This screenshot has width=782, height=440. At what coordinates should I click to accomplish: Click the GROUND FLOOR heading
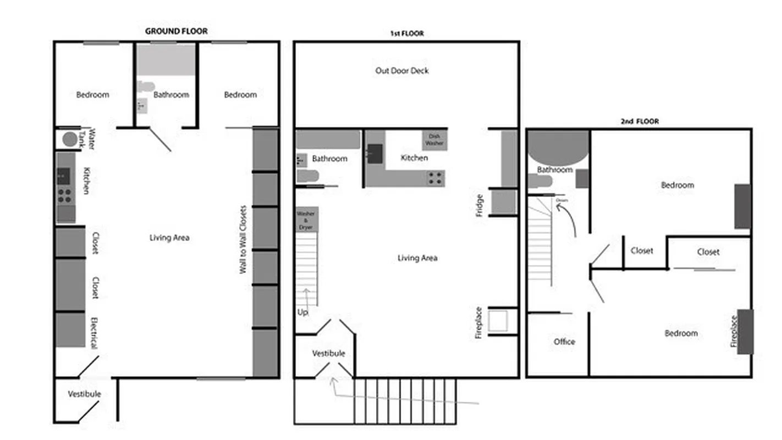pos(176,31)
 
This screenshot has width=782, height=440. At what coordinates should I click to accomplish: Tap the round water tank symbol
pos(70,139)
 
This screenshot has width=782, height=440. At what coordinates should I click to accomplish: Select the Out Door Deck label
pos(402,70)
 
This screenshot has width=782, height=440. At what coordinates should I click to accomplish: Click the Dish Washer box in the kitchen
pos(434,140)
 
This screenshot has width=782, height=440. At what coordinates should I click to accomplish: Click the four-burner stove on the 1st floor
pos(436,178)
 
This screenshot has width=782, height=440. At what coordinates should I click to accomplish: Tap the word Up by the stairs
pos(303,312)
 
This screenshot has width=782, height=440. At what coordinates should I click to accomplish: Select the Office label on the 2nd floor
pos(564,342)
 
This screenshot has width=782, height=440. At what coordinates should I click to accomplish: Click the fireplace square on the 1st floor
pos(498,321)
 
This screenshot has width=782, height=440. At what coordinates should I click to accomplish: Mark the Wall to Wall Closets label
pos(243,240)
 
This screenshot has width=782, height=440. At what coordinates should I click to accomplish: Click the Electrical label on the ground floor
pos(93,333)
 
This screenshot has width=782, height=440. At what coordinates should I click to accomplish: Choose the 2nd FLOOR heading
pos(640,122)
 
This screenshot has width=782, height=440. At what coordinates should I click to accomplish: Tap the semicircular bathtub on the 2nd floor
pos(558,146)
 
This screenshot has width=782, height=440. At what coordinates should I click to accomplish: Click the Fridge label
pos(479,205)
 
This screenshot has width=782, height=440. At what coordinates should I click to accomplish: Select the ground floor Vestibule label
pos(84,394)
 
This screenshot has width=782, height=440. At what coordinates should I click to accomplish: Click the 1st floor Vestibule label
pos(328,353)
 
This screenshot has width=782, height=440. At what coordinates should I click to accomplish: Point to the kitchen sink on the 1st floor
pos(375,153)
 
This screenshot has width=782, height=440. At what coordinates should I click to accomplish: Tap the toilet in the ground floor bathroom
pos(146,86)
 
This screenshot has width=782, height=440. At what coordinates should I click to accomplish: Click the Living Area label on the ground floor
pos(169,238)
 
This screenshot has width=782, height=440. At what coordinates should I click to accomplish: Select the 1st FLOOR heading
pos(407,34)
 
